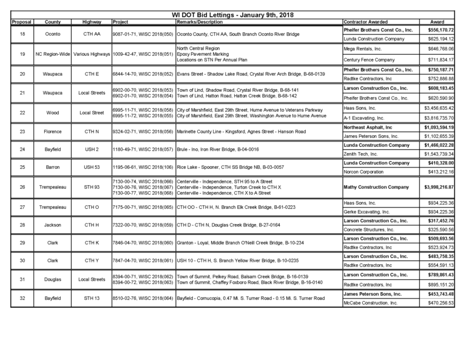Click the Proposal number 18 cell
[22, 34]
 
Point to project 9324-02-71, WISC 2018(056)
[143, 131]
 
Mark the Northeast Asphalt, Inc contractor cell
[368, 127]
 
